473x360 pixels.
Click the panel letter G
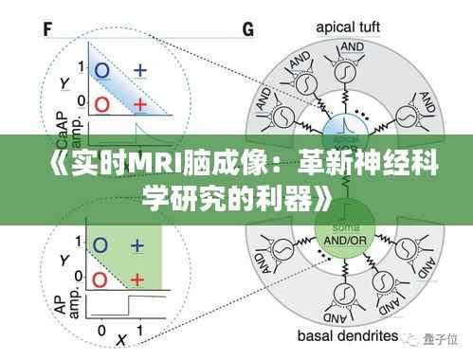[249, 28]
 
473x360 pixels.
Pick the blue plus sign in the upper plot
[140, 69]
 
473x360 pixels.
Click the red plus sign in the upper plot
[140, 102]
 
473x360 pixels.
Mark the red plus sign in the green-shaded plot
[138, 279]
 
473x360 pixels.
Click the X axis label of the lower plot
[119, 338]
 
